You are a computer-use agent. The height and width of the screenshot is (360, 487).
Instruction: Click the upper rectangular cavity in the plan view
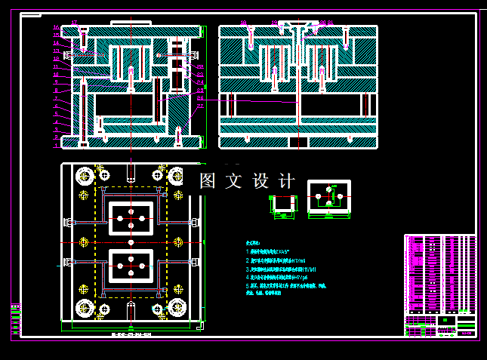tap(131, 217)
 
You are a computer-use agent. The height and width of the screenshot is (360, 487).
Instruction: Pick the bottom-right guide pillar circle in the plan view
tap(178, 307)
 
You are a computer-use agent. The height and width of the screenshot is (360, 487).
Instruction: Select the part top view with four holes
tap(330, 198)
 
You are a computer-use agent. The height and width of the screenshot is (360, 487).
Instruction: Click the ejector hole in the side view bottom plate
tap(299, 141)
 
